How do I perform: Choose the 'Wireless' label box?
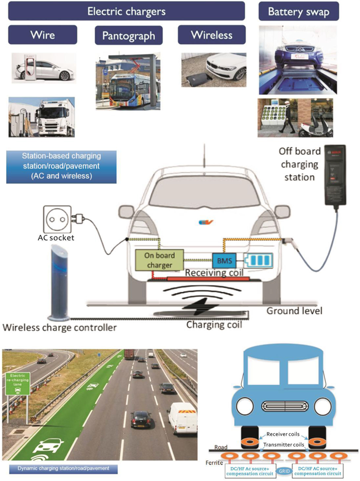211,35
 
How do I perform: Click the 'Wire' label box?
43,35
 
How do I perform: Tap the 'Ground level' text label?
294,311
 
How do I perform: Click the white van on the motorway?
182,417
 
